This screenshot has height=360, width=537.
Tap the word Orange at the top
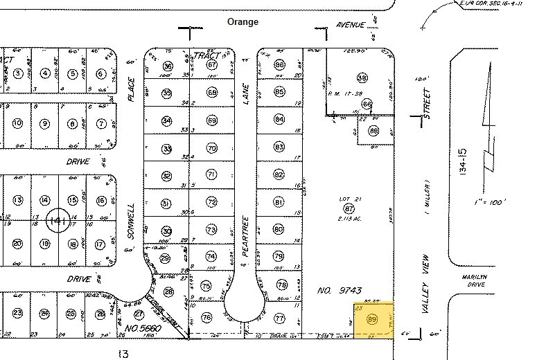pyautogui.click(x=243, y=22)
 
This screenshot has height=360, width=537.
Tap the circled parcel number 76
pyautogui.click(x=206, y=318)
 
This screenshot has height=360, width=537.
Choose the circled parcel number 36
pyautogui.click(x=167, y=66)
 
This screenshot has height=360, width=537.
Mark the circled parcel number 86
pyautogui.click(x=280, y=66)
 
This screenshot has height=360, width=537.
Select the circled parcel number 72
pyautogui.click(x=211, y=202)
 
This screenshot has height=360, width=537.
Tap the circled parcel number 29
pyautogui.click(x=165, y=258)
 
